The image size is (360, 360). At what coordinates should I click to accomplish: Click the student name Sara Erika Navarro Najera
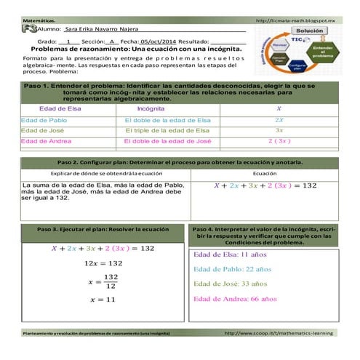[x=100, y=30]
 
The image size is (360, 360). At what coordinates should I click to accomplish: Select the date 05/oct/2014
[x=159, y=42]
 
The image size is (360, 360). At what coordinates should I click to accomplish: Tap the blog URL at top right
[x=301, y=22]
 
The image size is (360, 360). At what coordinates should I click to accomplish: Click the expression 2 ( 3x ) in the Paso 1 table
[x=279, y=140]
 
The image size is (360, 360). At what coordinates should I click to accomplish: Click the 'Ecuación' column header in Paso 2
[x=264, y=174]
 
